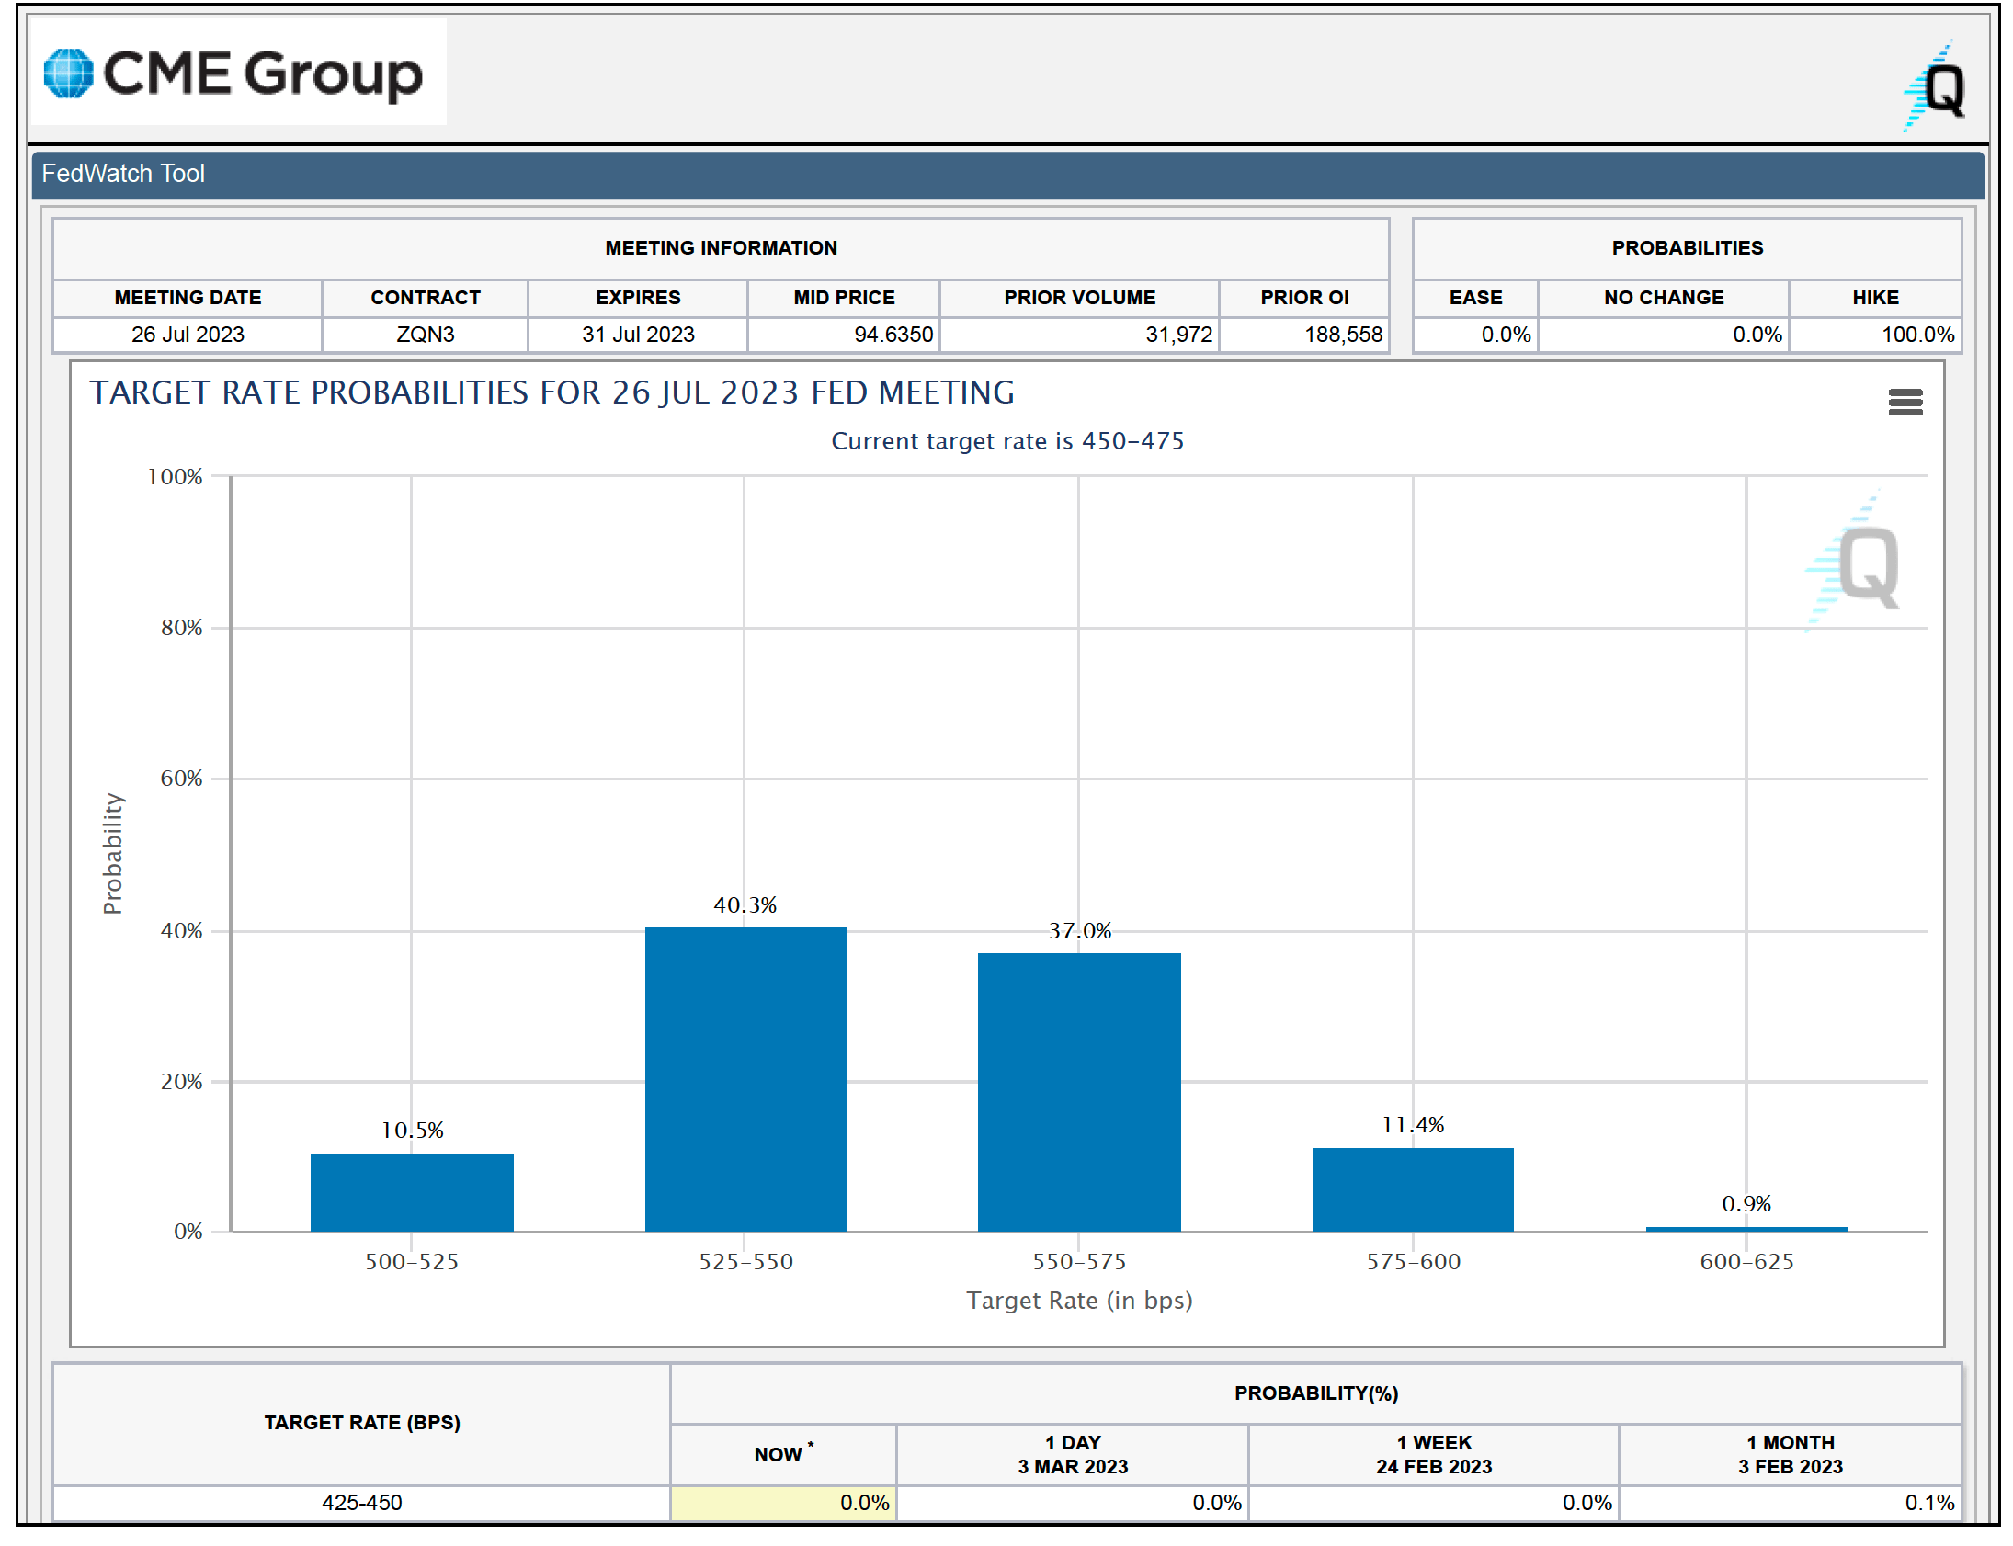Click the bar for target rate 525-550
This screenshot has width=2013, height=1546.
(x=745, y=1078)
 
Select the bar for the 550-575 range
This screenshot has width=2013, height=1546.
(x=1078, y=1091)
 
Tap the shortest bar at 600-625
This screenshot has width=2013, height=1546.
(x=1746, y=1229)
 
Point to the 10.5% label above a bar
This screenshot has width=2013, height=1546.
(x=412, y=1130)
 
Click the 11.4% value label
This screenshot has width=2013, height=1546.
(x=1412, y=1124)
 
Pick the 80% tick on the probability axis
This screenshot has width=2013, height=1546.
(x=181, y=628)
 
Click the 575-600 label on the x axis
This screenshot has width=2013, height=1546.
(x=1412, y=1262)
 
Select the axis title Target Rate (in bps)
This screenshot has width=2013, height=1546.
(x=1078, y=1301)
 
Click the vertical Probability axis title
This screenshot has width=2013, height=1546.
(x=112, y=853)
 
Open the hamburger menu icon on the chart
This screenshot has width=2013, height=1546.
(x=1905, y=403)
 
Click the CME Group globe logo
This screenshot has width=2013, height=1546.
(x=69, y=74)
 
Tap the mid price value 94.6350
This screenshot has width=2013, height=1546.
(x=893, y=335)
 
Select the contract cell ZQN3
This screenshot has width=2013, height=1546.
(x=425, y=335)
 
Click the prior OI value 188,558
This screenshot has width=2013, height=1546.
(x=1342, y=335)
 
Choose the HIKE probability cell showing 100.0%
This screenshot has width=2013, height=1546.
(x=1916, y=335)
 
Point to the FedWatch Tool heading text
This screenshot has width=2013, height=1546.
(x=123, y=174)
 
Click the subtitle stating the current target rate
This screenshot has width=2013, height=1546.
(x=1007, y=442)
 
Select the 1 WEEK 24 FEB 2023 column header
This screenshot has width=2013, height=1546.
(x=1433, y=1455)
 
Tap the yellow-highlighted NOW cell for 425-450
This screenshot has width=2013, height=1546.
(x=783, y=1503)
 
